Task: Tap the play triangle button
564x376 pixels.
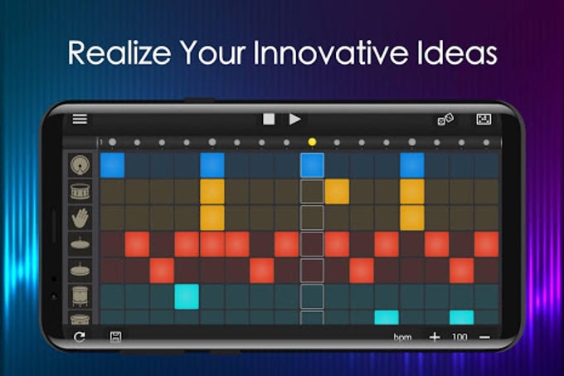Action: pos(295,119)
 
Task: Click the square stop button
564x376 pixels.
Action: pos(269,119)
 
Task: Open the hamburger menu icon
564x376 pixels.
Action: pos(80,119)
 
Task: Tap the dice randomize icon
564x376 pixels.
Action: pos(445,120)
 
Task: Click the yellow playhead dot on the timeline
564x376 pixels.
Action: pos(312,142)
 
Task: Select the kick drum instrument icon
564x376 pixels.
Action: pos(80,164)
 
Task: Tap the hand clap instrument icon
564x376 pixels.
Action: pos(80,217)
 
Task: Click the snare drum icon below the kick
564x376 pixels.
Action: pos(80,192)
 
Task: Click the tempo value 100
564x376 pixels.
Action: pos(459,337)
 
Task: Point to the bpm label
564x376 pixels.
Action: pos(403,337)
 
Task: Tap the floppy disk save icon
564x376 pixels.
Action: pos(116,337)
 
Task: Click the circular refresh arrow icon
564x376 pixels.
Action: pos(80,337)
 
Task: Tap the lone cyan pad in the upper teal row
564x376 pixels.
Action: pos(187,296)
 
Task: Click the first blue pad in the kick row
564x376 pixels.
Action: pos(112,164)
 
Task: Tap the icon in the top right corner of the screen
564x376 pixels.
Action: pos(484,120)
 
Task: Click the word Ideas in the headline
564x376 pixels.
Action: pos(459,53)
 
